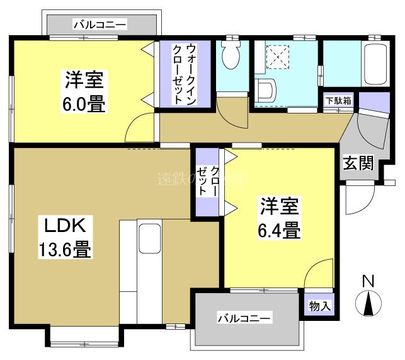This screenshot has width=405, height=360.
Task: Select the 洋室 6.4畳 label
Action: point(278,218)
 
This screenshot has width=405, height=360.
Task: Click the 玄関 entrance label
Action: point(358,163)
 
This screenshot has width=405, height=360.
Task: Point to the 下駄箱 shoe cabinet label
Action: point(338,101)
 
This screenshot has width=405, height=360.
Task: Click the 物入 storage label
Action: point(319,306)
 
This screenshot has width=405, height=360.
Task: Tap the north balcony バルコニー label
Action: point(101,25)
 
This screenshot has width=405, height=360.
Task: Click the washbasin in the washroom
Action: point(265,90)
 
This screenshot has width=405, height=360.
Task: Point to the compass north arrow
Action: point(368,304)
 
